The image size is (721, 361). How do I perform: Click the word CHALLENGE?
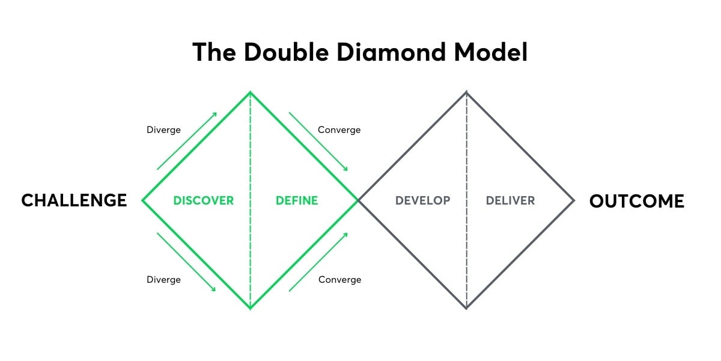pyautogui.click(x=74, y=200)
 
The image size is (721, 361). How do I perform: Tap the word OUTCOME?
pyautogui.click(x=637, y=200)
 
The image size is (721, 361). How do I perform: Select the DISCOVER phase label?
pyautogui.click(x=203, y=200)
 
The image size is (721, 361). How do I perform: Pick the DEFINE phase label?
pyautogui.click(x=297, y=200)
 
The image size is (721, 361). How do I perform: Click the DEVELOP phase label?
pyautogui.click(x=422, y=200)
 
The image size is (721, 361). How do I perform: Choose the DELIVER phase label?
pyautogui.click(x=510, y=200)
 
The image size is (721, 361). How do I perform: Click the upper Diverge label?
pyautogui.click(x=163, y=130)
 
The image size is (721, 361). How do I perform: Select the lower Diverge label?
pyautogui.click(x=163, y=280)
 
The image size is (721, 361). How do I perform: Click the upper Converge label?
pyautogui.click(x=339, y=130)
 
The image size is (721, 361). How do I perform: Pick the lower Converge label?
pyautogui.click(x=340, y=280)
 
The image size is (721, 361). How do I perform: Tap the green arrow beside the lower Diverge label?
pyautogui.click(x=187, y=262)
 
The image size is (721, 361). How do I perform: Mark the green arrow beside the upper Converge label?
pyautogui.click(x=318, y=141)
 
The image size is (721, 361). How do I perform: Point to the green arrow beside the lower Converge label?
pyautogui.click(x=318, y=262)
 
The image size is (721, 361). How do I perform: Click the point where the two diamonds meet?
pyautogui.click(x=359, y=200)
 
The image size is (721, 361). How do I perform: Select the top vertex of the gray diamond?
pyautogui.click(x=466, y=92)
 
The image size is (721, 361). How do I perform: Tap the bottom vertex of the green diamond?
pyautogui.click(x=251, y=308)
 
